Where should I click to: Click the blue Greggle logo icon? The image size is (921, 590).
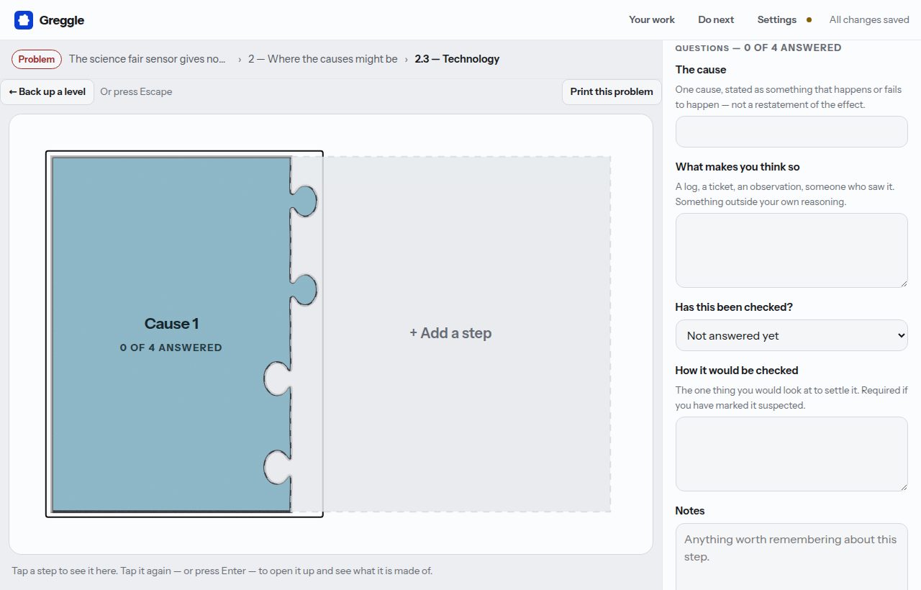(x=24, y=20)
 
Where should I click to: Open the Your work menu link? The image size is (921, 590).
(x=652, y=19)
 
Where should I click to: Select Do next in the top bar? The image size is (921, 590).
(x=716, y=19)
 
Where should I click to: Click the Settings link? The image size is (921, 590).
(x=776, y=19)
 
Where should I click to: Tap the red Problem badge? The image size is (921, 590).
(x=37, y=59)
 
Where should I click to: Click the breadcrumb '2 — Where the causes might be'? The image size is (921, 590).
(x=323, y=59)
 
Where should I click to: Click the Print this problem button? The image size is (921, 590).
(x=612, y=91)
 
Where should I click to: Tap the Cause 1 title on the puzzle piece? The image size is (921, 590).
(x=171, y=324)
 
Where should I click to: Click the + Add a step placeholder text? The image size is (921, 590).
(x=450, y=333)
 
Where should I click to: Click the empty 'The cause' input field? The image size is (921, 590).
(x=791, y=132)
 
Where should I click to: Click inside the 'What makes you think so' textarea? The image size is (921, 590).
(x=791, y=250)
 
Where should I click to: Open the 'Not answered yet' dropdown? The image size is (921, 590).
(x=791, y=335)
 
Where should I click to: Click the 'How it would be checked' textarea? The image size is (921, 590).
(x=791, y=454)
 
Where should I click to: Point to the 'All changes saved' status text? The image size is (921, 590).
(x=869, y=19)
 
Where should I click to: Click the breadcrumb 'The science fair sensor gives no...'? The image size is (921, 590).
(x=148, y=59)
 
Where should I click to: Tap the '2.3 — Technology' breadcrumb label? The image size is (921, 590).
(x=457, y=59)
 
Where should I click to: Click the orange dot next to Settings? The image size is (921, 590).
(x=809, y=19)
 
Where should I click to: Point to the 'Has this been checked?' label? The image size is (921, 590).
(x=734, y=307)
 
